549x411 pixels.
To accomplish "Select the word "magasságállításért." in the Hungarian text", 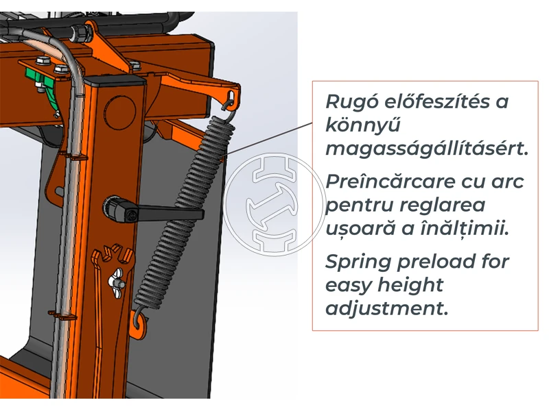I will click(x=428, y=149).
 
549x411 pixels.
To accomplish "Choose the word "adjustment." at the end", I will click(x=387, y=308).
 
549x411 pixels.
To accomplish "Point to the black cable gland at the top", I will click(x=85, y=32).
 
